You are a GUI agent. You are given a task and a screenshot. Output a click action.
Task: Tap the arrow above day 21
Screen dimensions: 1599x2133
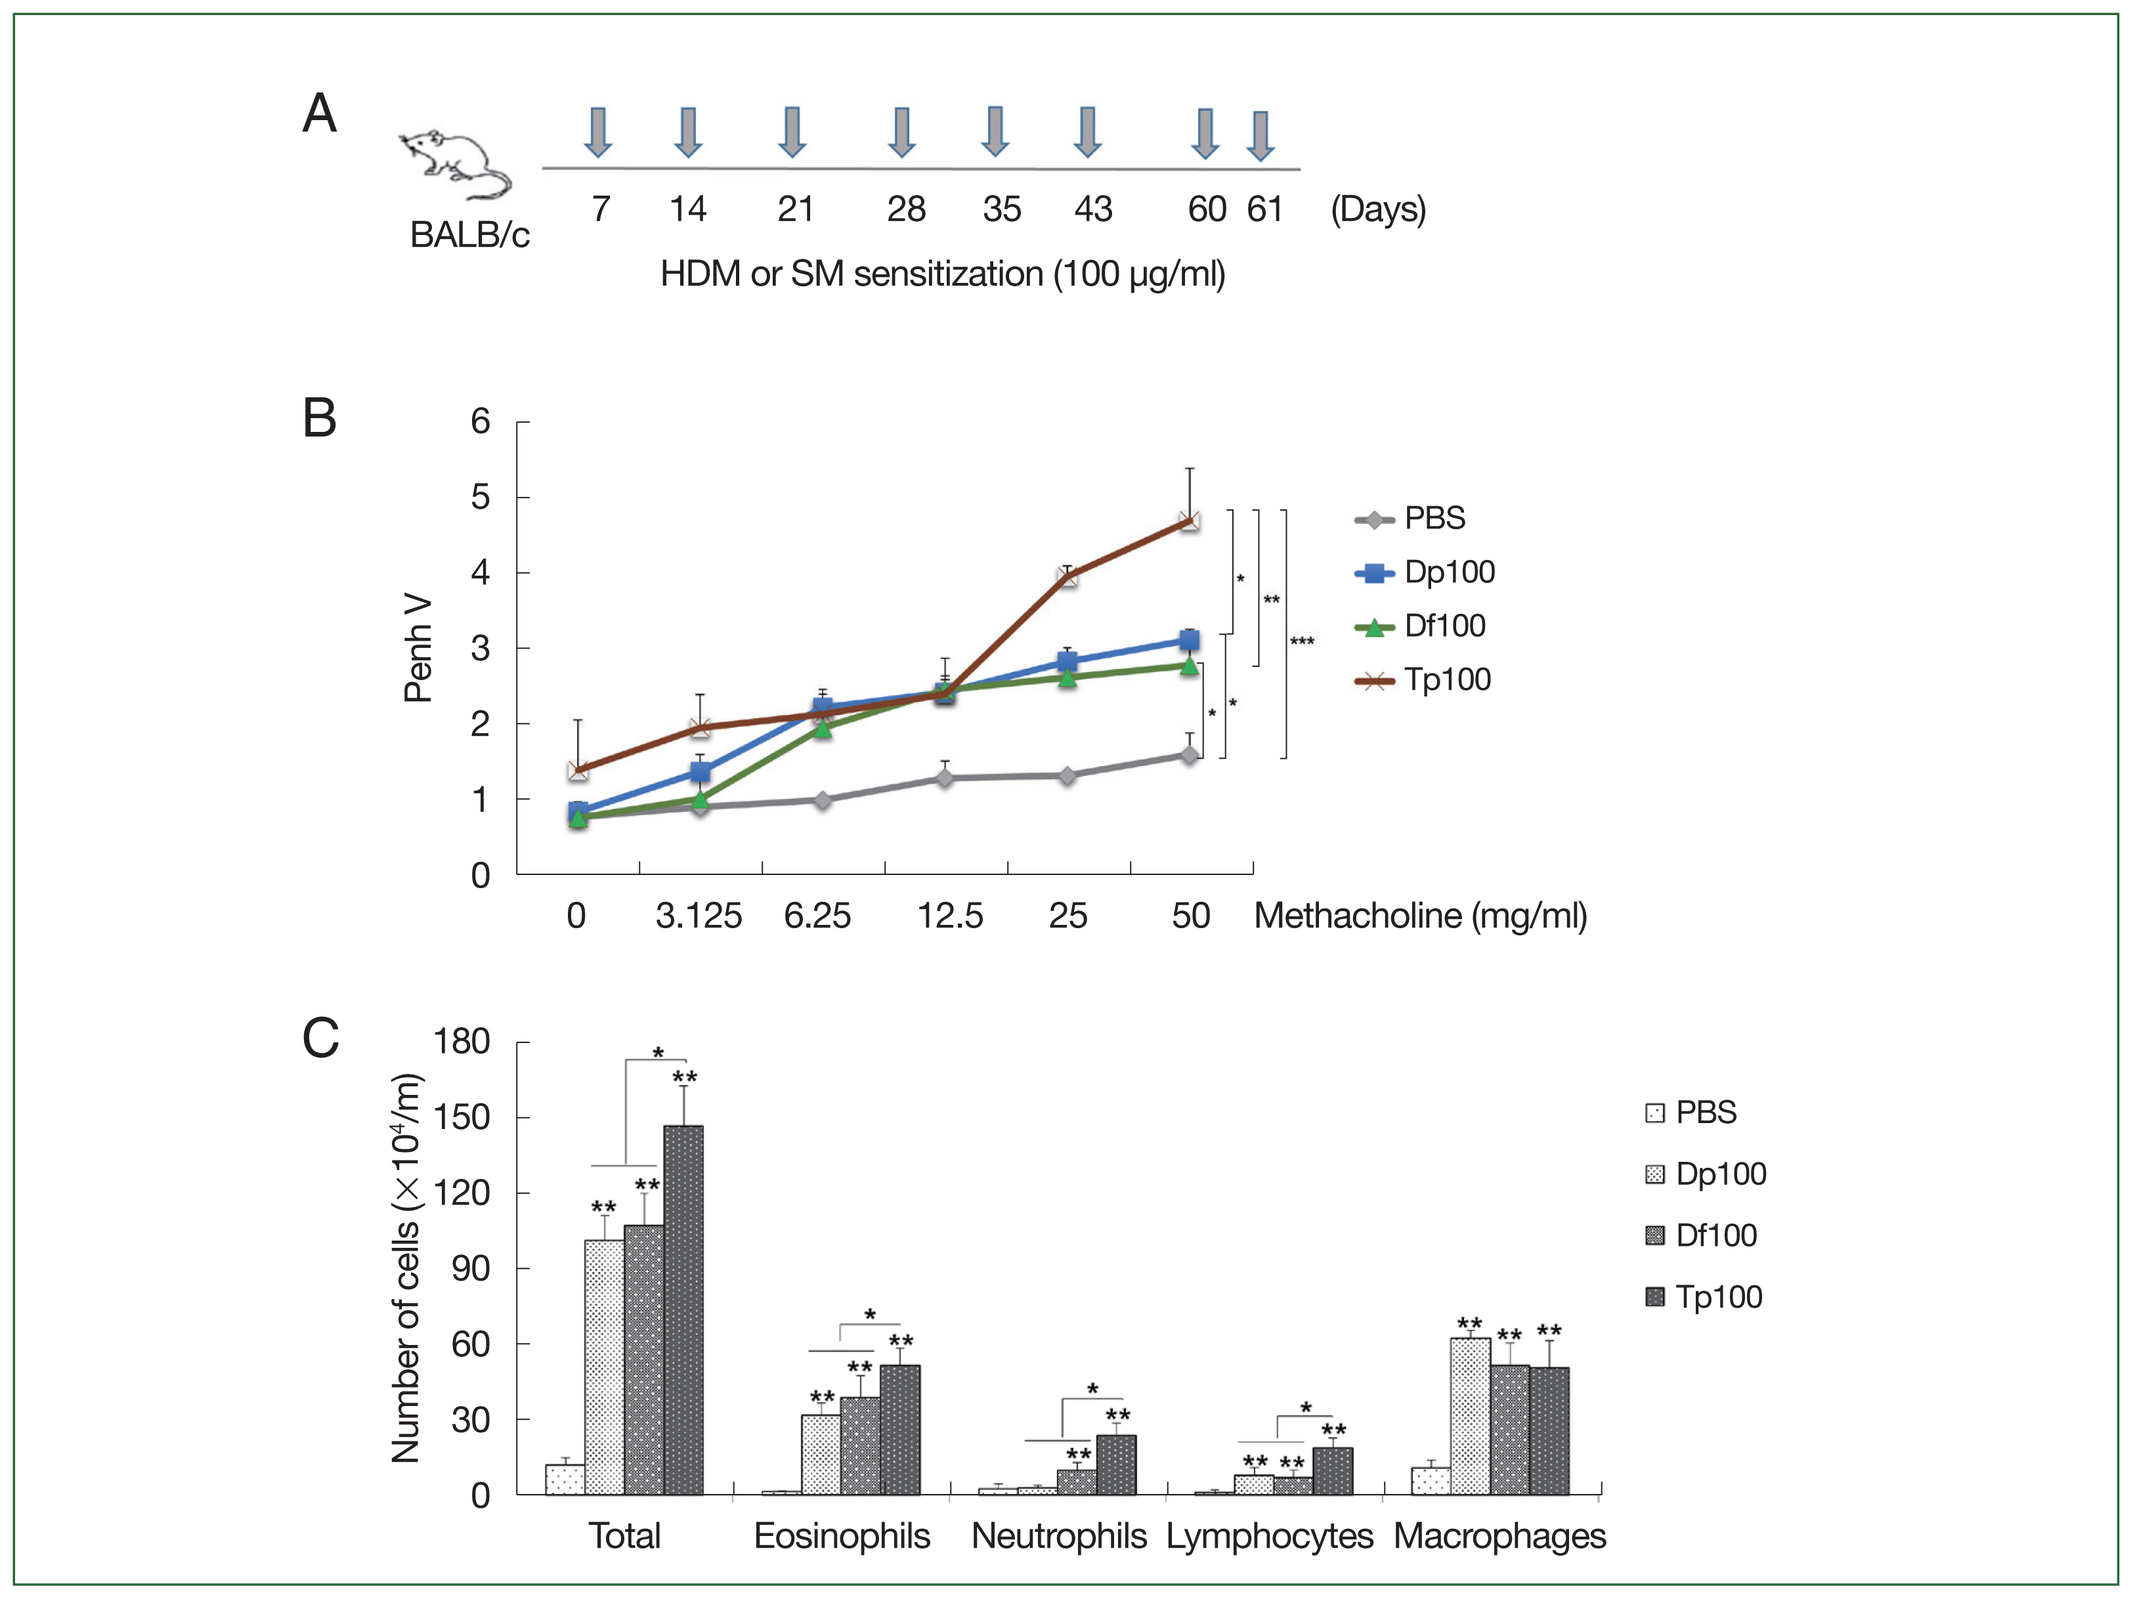(792, 132)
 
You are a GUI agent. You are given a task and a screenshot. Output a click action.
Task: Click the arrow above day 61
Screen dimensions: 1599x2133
(1260, 135)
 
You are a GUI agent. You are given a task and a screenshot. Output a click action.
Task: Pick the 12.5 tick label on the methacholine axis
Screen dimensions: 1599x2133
(950, 915)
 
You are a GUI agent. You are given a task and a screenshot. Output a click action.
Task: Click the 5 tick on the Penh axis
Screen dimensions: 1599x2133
(480, 498)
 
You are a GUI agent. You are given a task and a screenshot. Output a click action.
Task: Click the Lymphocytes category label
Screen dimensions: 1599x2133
(1269, 1535)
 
